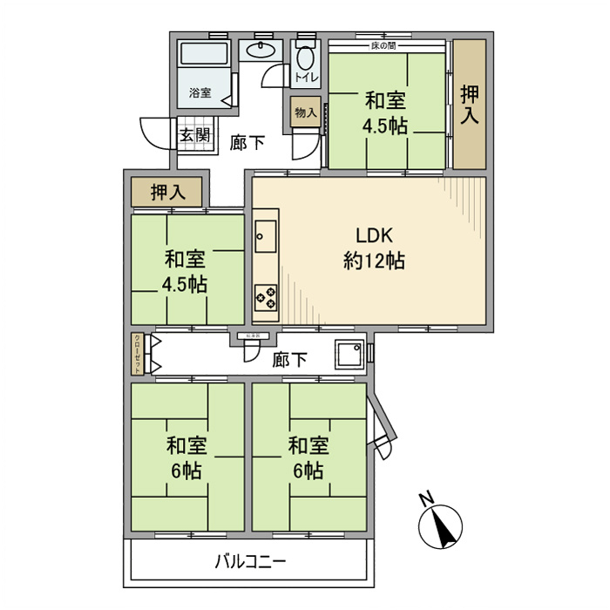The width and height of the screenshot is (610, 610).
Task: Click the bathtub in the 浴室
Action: tap(206, 55)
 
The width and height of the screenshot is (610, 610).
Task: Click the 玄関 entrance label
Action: tap(194, 135)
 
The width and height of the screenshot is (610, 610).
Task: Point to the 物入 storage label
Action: tap(305, 113)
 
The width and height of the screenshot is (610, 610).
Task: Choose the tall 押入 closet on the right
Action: tap(470, 104)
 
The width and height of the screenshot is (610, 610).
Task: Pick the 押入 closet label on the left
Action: tap(166, 193)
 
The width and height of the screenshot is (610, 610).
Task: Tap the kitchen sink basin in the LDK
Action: tap(265, 234)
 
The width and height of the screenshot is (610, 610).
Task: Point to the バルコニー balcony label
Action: tap(251, 561)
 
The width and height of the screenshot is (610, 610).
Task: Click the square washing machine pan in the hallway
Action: tap(351, 354)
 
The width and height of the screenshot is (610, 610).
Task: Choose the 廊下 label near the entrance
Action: tap(248, 143)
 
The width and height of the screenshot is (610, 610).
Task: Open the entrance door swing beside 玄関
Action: tap(155, 132)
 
